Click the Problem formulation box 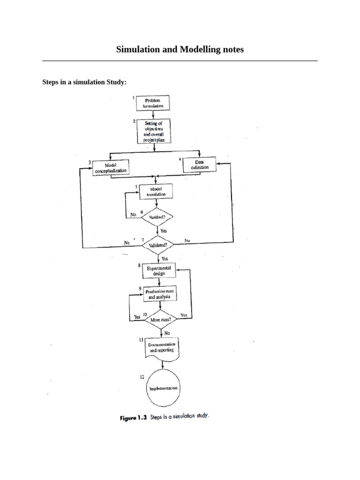click(x=153, y=103)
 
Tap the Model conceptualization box click(x=111, y=168)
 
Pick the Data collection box click(x=200, y=165)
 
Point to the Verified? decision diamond click(x=160, y=217)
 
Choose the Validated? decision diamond click(x=161, y=245)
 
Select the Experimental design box click(x=159, y=270)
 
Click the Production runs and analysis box click(x=159, y=294)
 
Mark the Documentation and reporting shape click(x=161, y=348)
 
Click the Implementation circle click(x=163, y=389)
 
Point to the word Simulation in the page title click(x=135, y=49)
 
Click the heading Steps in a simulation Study click(x=84, y=82)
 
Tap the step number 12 click(x=142, y=377)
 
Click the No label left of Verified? click(x=133, y=214)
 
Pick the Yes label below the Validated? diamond click(x=165, y=258)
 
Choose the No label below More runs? click(x=167, y=333)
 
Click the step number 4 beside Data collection click(x=180, y=159)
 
